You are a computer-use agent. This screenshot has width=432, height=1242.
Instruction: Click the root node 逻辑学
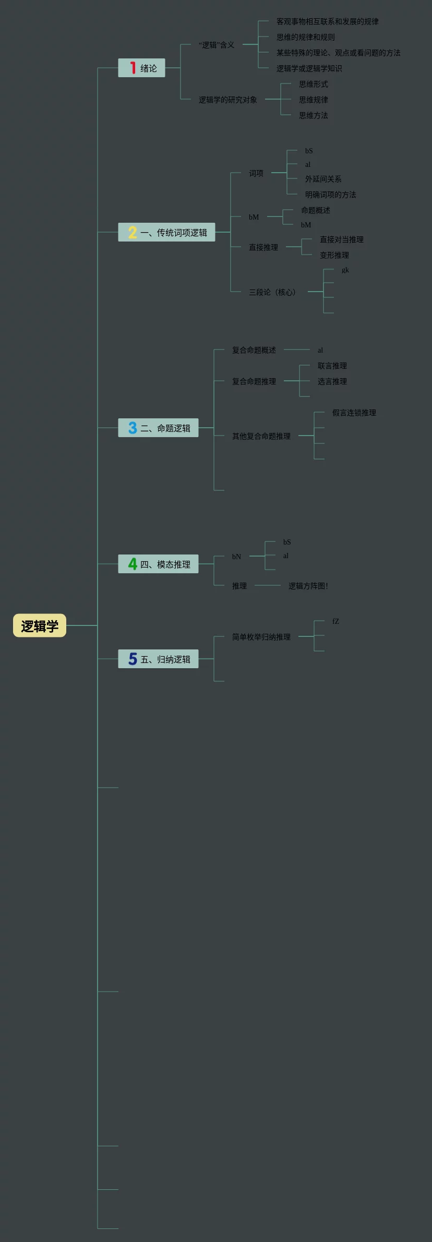(40, 626)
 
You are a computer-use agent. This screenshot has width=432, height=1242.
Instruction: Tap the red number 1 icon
(133, 68)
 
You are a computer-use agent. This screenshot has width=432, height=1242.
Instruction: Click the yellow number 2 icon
(133, 233)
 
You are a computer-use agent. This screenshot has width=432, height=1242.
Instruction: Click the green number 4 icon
(133, 564)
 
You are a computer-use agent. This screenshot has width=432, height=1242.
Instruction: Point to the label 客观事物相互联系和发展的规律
(327, 21)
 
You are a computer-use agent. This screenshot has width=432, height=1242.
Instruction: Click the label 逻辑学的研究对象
(227, 100)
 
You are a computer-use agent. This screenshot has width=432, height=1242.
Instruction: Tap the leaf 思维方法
(313, 115)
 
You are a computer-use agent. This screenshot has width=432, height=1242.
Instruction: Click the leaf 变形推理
(334, 255)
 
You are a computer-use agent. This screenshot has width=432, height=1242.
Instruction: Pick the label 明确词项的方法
(330, 195)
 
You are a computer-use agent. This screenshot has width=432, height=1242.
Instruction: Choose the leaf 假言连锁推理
(354, 413)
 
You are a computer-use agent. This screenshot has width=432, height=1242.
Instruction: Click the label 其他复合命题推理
(261, 436)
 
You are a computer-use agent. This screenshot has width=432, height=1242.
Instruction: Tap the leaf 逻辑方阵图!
(308, 586)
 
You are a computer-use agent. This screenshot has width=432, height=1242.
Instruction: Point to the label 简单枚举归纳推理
(261, 637)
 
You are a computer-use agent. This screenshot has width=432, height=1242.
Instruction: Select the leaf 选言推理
(332, 381)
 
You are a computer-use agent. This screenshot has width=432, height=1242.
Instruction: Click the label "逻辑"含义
(216, 45)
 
